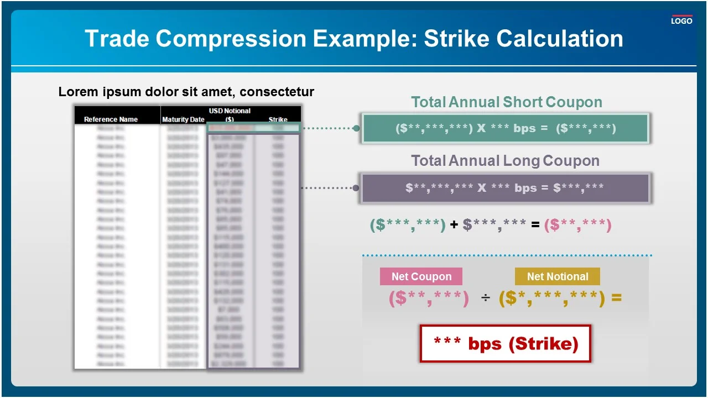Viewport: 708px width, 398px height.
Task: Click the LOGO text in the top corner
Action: [x=681, y=21]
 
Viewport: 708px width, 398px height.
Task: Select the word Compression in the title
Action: [x=231, y=39]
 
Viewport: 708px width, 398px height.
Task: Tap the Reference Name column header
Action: [x=111, y=119]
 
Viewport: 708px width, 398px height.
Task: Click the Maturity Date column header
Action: [x=183, y=119]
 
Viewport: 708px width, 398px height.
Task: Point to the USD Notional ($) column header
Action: [x=230, y=115]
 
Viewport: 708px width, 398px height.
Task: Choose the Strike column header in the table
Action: [x=278, y=119]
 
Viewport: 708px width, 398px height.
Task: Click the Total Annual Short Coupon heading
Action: [x=506, y=102]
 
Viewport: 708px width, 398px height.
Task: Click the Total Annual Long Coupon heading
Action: [x=505, y=161]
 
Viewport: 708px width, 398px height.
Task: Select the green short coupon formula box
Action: [x=505, y=128]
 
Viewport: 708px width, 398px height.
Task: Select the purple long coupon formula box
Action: [x=505, y=188]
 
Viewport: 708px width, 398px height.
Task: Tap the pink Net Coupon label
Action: [x=421, y=276]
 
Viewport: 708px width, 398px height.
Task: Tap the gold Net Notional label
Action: [x=557, y=276]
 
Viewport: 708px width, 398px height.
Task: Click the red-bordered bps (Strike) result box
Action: [x=506, y=344]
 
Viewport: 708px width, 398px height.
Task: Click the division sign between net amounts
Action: [x=485, y=299]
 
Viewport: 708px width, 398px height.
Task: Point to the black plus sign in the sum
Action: [x=454, y=225]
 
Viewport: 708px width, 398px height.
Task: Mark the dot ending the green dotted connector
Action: [x=356, y=128]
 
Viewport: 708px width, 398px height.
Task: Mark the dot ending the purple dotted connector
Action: [x=356, y=188]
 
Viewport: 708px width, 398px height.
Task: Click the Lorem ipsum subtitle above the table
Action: [x=186, y=92]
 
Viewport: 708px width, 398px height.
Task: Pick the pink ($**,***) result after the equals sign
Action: [x=577, y=225]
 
